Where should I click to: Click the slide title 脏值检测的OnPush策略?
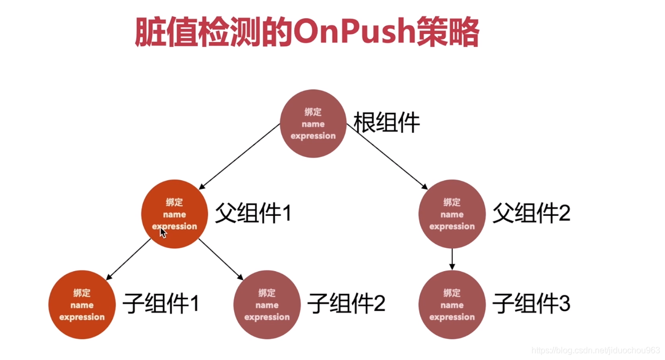tap(307, 33)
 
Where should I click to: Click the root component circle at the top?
tap(313, 124)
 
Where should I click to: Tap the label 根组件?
tap(387, 123)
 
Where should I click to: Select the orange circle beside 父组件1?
tap(174, 214)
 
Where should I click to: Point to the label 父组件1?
tap(253, 214)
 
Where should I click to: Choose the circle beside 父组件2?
tap(452, 214)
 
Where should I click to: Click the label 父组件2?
tap(531, 214)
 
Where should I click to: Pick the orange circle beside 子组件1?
tap(82, 305)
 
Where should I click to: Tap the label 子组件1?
tap(161, 304)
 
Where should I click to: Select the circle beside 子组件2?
tap(267, 305)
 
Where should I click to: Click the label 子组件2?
tap(346, 304)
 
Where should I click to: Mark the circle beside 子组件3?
tap(452, 305)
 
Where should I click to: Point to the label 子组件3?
tap(531, 304)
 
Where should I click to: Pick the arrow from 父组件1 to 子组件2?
tap(221, 259)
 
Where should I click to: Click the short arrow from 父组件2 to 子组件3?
tap(452, 259)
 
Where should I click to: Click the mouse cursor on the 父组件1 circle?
tap(163, 232)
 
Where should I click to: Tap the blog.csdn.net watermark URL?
tap(595, 350)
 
